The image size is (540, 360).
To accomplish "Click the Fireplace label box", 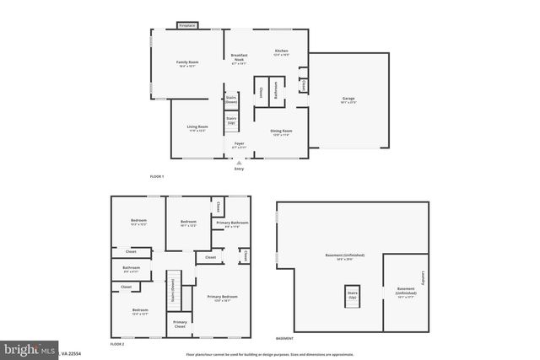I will [186, 26].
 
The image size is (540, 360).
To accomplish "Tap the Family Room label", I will [187, 64].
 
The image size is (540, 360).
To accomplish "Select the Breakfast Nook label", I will [239, 57].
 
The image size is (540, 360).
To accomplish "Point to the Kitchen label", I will [281, 52].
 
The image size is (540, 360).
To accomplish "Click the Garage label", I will [348, 100].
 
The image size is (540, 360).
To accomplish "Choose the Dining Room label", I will [281, 132].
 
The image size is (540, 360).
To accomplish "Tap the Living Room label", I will [198, 128].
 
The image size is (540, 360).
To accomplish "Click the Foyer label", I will [239, 145].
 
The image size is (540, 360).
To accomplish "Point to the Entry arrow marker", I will [239, 164].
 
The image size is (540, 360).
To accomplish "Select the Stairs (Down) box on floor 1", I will [231, 99].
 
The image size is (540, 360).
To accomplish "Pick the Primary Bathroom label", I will [233, 224].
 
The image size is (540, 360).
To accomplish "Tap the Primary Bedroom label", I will [222, 298].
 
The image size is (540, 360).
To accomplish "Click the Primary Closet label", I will [180, 324].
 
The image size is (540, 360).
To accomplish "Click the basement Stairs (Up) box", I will [353, 296].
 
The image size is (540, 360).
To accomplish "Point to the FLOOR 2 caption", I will [117, 344].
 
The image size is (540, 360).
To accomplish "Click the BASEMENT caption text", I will [284, 338].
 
